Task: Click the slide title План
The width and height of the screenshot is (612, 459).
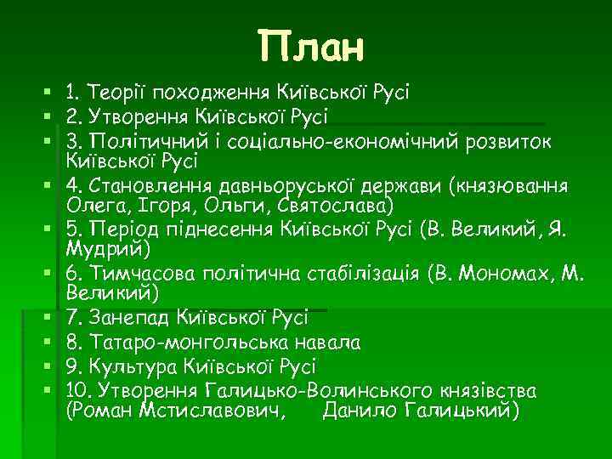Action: click(311, 48)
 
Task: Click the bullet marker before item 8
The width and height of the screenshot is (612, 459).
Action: click(53, 343)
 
